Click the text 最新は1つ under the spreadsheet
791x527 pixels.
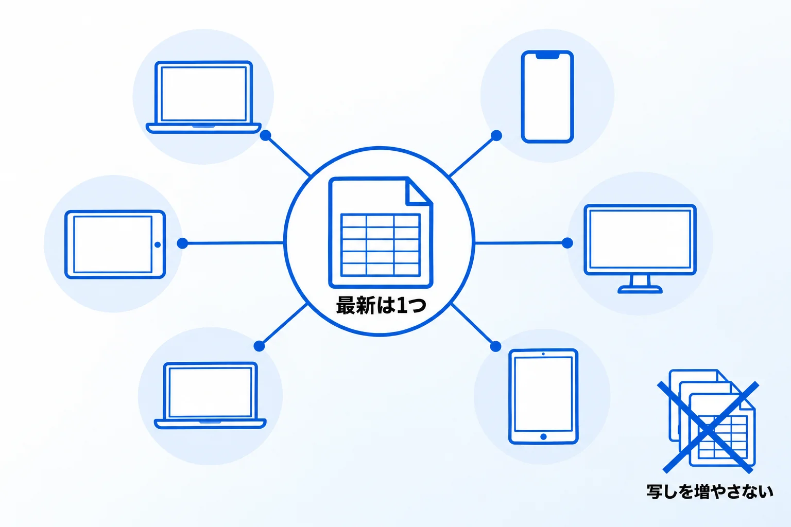coord(381,305)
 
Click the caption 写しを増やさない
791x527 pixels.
coord(710,491)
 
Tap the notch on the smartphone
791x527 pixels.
coord(547,56)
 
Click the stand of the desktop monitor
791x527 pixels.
coord(640,284)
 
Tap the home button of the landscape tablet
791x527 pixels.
coord(158,244)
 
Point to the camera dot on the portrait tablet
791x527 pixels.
coord(543,354)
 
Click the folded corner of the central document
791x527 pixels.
coord(419,191)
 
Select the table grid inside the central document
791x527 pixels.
coord(381,244)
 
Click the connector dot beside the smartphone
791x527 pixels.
coord(496,135)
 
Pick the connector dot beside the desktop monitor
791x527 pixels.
coord(567,243)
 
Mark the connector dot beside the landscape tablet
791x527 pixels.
coord(182,243)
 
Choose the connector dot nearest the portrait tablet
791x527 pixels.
coord(495,346)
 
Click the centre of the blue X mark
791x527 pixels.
coord(708,427)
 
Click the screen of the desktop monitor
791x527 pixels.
coord(640,239)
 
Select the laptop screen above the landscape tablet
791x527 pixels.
coord(204,94)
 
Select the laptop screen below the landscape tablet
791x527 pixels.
coord(210,392)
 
